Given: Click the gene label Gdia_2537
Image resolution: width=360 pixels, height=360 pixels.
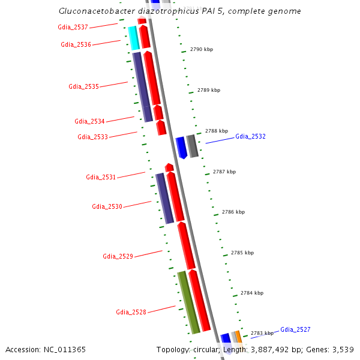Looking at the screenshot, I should [x=73, y=27].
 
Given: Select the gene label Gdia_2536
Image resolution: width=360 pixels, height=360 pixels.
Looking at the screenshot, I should [x=76, y=44].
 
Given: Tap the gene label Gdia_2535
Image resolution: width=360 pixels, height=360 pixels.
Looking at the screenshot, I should [x=83, y=86].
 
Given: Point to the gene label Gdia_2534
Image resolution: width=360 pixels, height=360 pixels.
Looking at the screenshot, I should [x=89, y=121].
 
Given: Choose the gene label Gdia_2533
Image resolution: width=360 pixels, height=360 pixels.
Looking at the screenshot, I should [x=92, y=137].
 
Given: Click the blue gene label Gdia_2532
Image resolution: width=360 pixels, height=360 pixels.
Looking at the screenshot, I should [x=250, y=137].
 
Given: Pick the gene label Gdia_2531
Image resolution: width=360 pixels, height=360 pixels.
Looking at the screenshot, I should [x=101, y=177].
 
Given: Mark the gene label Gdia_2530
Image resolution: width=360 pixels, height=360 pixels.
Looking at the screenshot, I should [x=107, y=206].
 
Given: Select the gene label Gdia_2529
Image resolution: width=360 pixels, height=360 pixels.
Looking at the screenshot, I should [x=118, y=256].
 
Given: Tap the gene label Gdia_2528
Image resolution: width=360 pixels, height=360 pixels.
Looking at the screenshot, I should [x=131, y=312].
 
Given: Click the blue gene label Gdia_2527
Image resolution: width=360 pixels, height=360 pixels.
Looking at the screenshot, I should [x=295, y=329].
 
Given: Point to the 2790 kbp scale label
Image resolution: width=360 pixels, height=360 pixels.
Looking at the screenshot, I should [x=201, y=49].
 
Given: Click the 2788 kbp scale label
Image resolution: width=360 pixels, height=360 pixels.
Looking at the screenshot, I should [x=217, y=131].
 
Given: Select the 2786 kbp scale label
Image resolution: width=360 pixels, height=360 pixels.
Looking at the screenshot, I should [x=233, y=212].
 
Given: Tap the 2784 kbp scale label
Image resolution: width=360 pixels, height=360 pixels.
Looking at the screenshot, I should [x=252, y=293].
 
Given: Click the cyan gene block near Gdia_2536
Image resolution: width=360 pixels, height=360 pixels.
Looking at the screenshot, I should [x=134, y=38].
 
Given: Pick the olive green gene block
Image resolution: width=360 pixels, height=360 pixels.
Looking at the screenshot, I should [x=188, y=302].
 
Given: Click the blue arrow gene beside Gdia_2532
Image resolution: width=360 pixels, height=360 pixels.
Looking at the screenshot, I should [x=181, y=147].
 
